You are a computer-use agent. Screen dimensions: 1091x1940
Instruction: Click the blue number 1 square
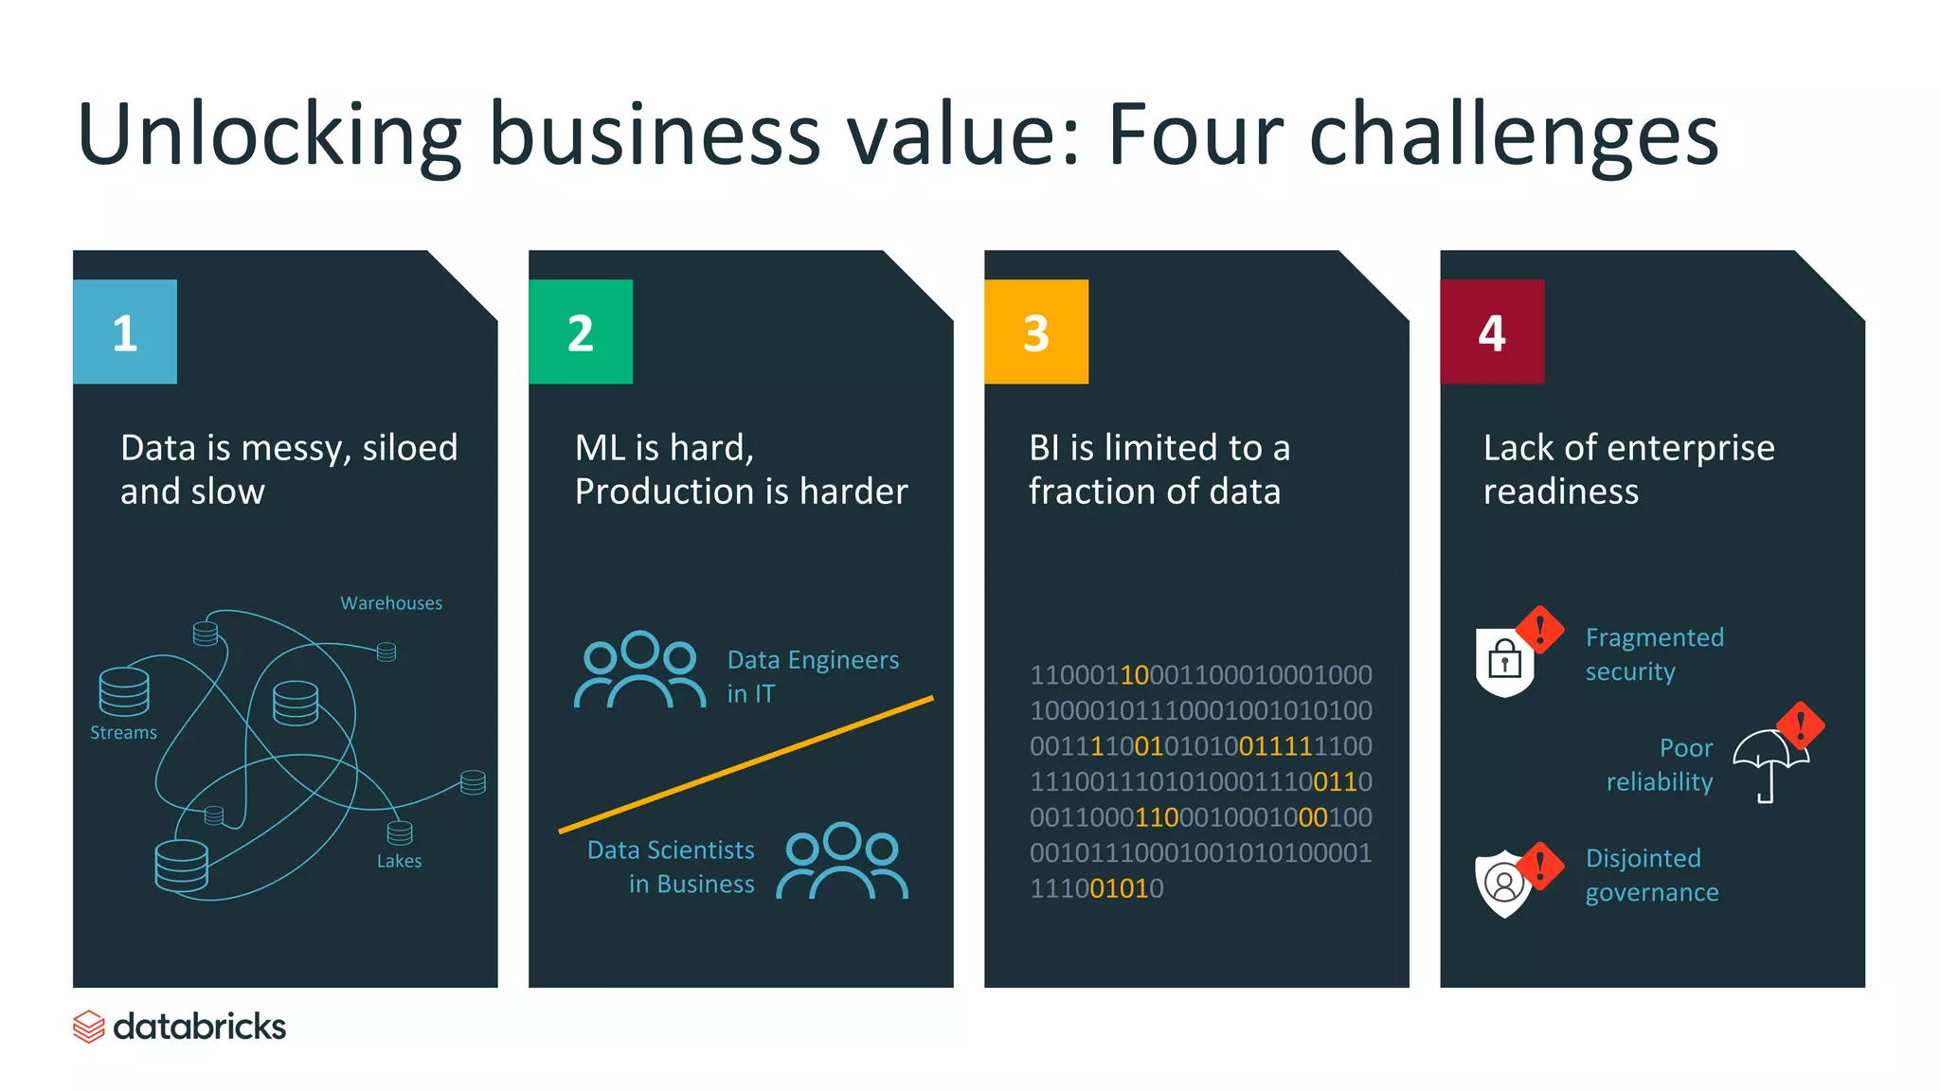124,331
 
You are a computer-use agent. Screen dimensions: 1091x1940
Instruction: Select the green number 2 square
580,331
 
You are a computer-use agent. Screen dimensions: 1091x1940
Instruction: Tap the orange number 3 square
1036,331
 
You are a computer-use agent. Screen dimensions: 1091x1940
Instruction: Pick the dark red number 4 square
1492,331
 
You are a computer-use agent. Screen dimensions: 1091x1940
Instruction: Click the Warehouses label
391,603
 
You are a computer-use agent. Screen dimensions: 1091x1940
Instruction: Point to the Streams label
123,733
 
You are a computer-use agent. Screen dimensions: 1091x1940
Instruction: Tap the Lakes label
399,861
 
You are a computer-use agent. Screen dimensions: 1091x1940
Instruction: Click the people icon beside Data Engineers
639,671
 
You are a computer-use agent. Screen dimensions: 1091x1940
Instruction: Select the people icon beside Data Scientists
842,861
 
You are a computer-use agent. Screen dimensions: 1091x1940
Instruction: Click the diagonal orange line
746,764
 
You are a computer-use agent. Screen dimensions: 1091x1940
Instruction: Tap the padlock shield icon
1504,662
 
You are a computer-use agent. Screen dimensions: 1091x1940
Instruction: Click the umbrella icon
1768,763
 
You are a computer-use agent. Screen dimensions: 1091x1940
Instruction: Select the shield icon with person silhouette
1503,885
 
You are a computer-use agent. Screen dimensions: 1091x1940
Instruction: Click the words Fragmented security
1654,654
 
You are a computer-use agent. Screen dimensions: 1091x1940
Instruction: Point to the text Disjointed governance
1651,875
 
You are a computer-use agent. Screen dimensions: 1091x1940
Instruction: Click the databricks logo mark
89,1027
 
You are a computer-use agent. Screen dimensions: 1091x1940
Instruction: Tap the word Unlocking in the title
269,134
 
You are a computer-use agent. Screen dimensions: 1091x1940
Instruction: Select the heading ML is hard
664,448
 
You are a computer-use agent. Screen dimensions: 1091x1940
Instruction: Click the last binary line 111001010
1096,888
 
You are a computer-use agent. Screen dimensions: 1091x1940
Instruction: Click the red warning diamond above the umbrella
1800,725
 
